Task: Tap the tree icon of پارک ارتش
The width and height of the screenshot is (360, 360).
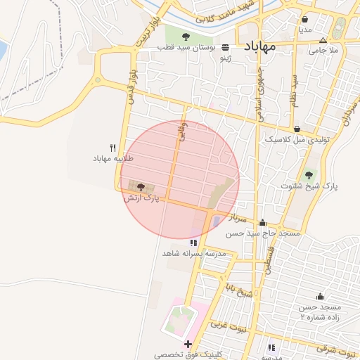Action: pos(141,188)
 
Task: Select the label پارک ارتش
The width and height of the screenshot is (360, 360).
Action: pos(141,199)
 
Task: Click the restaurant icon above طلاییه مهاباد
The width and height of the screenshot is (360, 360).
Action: pos(112,148)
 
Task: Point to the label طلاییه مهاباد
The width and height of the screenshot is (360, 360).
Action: pos(112,159)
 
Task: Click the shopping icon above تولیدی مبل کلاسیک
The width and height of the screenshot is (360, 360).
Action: pos(297,129)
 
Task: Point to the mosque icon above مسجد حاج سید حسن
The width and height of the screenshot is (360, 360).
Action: pos(262,222)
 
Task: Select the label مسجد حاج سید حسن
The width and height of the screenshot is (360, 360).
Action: pos(269,233)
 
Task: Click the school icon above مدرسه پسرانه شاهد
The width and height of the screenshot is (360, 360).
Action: pos(193,243)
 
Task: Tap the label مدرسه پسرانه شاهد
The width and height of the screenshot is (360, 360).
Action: pos(193,253)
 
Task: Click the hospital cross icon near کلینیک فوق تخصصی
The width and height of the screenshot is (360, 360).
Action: pos(188,344)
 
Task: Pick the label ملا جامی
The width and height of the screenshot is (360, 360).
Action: pos(324,51)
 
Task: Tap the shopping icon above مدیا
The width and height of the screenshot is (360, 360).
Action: pos(304,19)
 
